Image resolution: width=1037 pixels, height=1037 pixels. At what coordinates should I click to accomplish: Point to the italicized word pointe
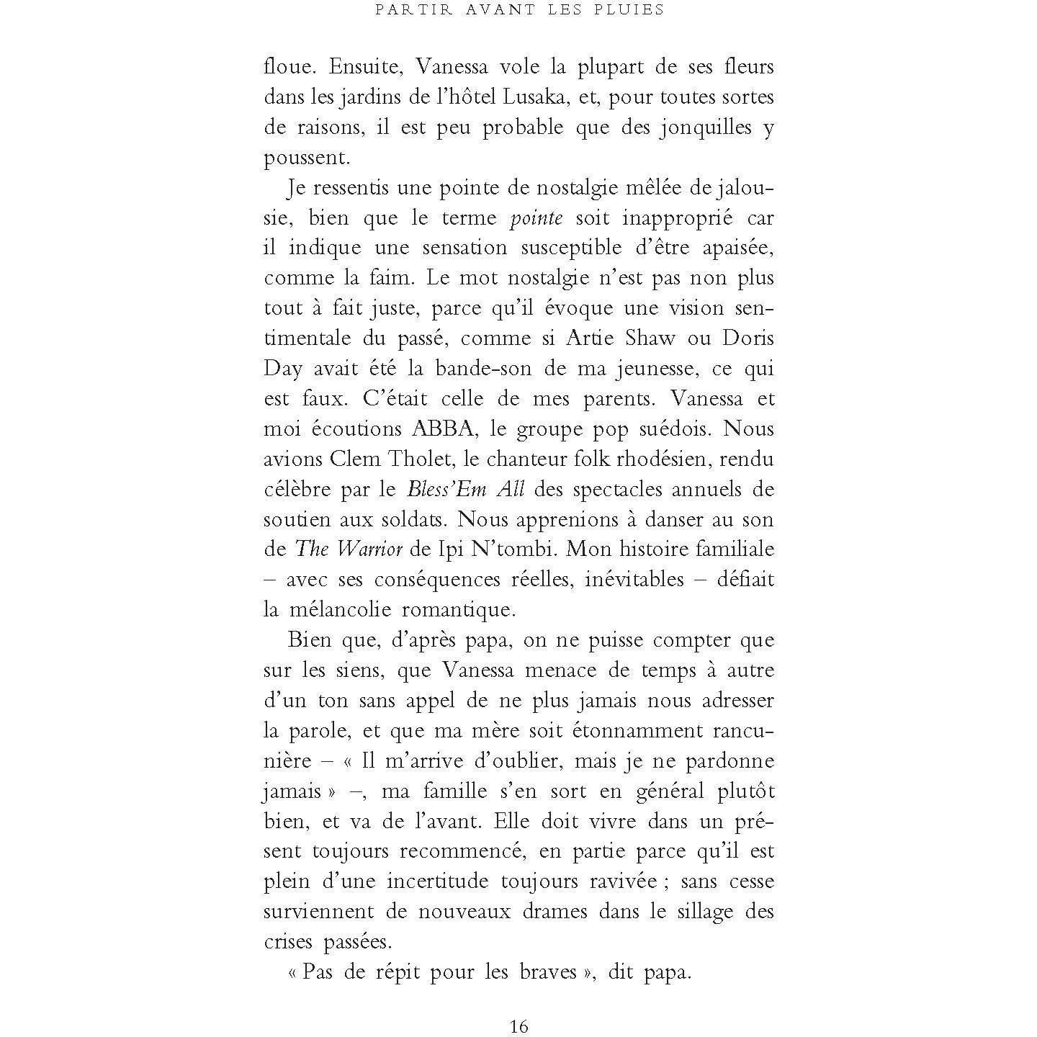(x=536, y=218)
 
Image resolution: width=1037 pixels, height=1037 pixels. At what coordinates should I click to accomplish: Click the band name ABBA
(x=441, y=429)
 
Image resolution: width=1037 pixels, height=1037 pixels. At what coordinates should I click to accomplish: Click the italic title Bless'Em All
(x=465, y=490)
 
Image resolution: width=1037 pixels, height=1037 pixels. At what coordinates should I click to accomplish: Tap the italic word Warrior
(x=369, y=549)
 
